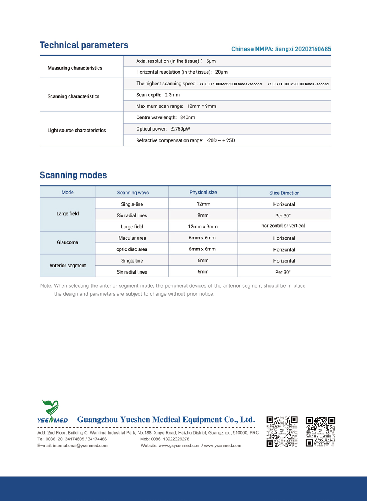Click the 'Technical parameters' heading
(84, 45)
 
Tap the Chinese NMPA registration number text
(281, 49)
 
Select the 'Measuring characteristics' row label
(75, 68)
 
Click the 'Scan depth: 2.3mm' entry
(158, 95)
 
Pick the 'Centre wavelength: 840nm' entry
(166, 118)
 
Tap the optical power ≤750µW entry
(163, 129)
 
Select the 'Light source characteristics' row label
(77, 131)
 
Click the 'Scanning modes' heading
(73, 175)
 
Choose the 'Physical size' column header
(203, 193)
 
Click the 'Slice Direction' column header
(284, 193)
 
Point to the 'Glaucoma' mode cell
(68, 242)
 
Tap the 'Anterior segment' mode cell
(68, 266)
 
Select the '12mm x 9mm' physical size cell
(203, 227)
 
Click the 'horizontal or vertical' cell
(283, 226)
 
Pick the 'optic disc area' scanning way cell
(132, 249)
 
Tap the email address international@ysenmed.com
(80, 446)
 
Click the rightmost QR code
(320, 432)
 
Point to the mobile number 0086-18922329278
(170, 439)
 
